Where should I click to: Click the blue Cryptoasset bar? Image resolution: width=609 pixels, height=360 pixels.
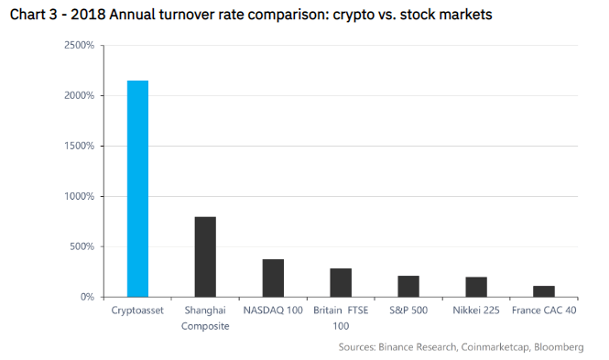(x=137, y=189)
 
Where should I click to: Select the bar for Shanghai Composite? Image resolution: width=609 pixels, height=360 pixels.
(x=205, y=256)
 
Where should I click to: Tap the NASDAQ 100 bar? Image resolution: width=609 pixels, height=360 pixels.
(x=273, y=278)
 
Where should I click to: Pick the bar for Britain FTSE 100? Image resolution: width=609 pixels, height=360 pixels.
(x=341, y=282)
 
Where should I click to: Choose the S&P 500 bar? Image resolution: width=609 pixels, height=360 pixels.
(x=408, y=286)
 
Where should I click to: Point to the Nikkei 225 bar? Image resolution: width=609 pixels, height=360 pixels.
(x=475, y=287)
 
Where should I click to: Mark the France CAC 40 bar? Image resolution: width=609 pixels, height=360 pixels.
(x=544, y=291)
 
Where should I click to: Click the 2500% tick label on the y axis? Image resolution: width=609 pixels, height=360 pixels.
(x=80, y=45)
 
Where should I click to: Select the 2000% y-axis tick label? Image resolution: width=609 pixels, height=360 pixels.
(x=80, y=95)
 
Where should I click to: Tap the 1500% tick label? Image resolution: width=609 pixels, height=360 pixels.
(x=80, y=146)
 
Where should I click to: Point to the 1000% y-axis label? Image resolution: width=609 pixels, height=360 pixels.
(x=80, y=196)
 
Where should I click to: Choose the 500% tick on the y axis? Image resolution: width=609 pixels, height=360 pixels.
(x=82, y=246)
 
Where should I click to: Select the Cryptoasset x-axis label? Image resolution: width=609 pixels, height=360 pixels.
(x=137, y=311)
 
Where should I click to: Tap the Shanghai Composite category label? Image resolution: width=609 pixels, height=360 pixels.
(x=205, y=318)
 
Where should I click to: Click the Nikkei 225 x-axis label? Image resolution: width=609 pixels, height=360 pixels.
(x=475, y=311)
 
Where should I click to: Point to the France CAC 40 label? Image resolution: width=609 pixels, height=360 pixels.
(x=544, y=311)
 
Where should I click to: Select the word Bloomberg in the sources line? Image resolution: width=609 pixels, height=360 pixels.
(x=557, y=347)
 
